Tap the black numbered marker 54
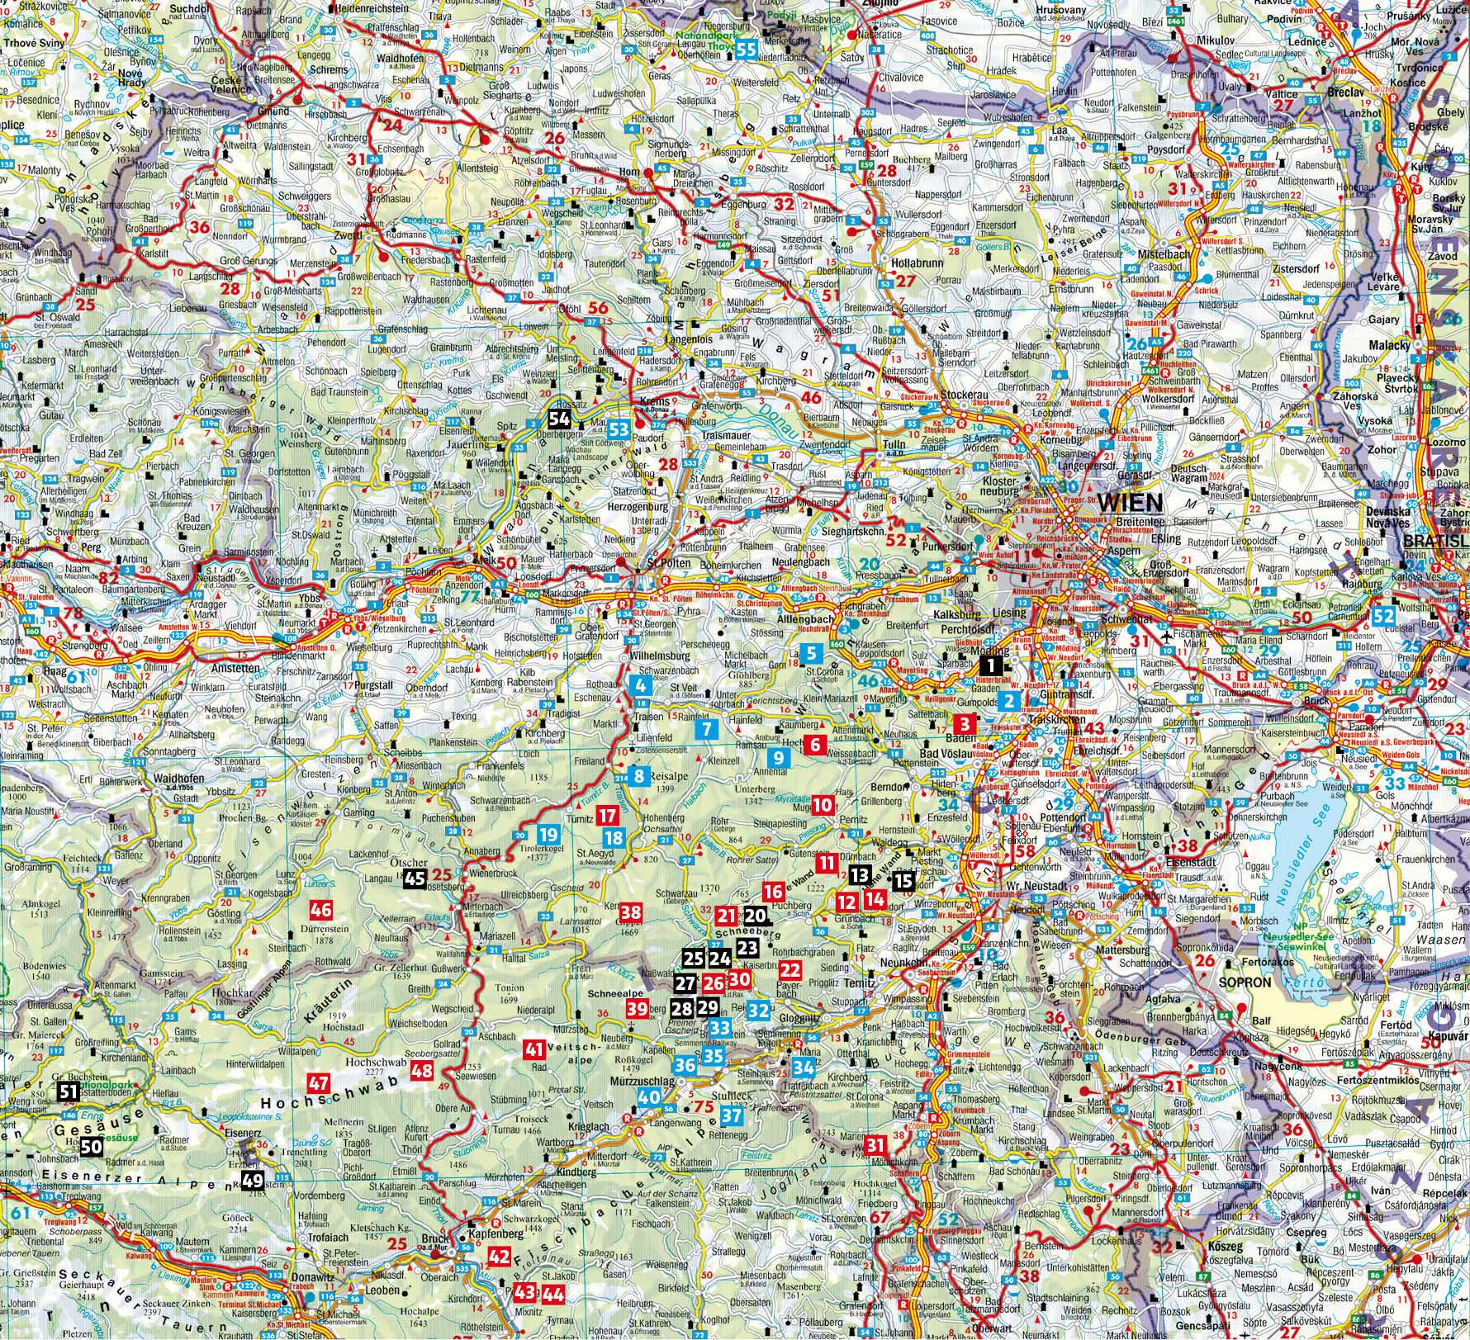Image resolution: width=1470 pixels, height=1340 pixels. (558, 419)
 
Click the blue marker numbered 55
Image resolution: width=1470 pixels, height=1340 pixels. (747, 50)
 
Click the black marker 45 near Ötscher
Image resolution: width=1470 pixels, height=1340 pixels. (415, 879)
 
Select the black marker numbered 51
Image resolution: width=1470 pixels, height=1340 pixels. (69, 1092)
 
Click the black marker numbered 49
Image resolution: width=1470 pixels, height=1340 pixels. (253, 1181)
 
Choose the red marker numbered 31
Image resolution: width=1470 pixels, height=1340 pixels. (876, 1143)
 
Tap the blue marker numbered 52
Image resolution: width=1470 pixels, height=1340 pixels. (1385, 616)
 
